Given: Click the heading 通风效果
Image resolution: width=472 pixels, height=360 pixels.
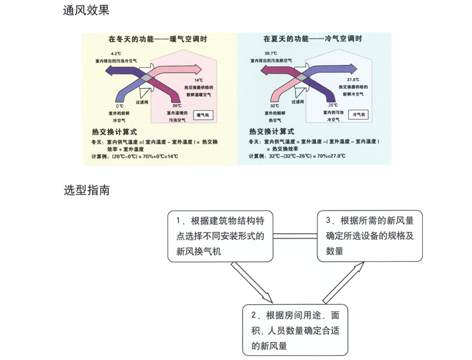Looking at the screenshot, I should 86,10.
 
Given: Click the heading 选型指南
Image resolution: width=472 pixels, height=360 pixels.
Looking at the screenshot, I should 86,190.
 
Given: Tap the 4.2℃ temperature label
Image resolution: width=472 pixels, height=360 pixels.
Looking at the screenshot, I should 116,53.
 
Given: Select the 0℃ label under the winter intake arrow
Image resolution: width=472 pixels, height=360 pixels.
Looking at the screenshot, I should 120,106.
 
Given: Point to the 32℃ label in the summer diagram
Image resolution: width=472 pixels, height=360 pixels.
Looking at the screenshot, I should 274,106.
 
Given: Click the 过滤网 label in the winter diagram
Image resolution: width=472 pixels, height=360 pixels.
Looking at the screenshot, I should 143,102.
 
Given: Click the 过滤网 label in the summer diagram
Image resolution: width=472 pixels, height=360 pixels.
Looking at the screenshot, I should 298,102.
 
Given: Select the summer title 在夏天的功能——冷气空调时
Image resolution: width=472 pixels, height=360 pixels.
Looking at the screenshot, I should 312,39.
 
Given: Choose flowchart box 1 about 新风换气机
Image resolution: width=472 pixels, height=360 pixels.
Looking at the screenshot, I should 220,236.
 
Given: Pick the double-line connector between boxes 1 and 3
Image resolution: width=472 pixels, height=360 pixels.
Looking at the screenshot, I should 294,236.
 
